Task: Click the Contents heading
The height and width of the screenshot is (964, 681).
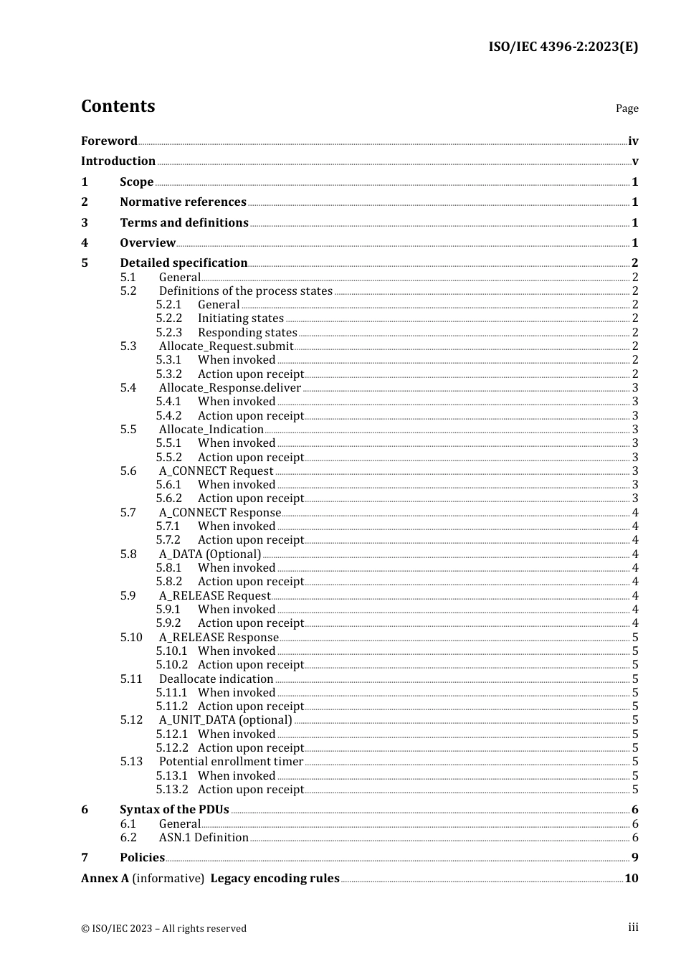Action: [118, 106]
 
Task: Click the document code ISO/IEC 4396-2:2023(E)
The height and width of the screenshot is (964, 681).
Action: [563, 47]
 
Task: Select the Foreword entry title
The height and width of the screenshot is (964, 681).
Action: [109, 141]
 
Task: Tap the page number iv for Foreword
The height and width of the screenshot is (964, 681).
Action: [633, 141]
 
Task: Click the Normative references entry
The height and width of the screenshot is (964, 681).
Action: [183, 202]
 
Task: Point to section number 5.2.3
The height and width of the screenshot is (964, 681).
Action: [169, 332]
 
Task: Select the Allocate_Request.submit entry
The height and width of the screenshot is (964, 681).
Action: [227, 346]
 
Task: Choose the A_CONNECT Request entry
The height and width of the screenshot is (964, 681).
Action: [216, 471]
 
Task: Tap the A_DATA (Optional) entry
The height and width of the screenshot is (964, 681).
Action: [210, 554]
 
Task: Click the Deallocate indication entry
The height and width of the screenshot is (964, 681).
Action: [216, 679]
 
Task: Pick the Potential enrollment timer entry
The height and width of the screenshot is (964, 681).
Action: [231, 761]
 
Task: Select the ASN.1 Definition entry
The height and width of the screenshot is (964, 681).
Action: [204, 837]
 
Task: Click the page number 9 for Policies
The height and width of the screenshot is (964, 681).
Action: [634, 857]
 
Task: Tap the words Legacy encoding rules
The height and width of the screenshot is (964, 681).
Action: [275, 878]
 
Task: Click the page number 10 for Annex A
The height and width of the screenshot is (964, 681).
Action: [631, 878]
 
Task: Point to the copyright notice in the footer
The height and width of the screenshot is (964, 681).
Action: [163, 928]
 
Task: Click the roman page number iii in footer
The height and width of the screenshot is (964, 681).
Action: [633, 927]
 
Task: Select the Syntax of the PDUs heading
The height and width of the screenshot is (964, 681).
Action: [174, 809]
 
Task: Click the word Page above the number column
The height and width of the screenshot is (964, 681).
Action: [627, 108]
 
